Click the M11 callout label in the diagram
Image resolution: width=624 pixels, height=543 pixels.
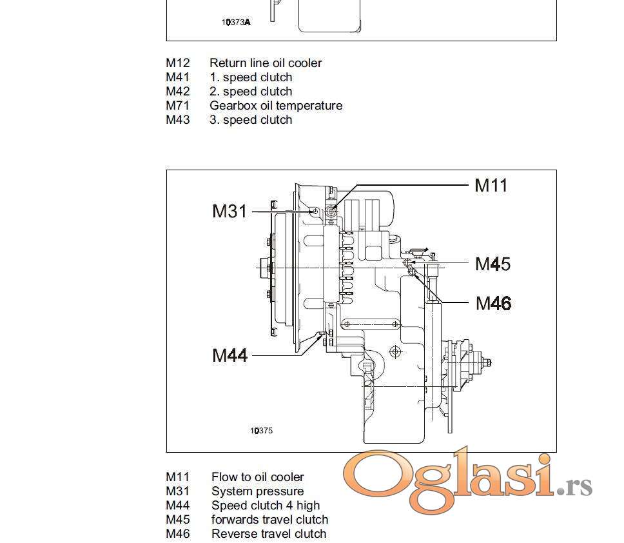coord(491,186)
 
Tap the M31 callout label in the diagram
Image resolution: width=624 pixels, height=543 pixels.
coord(229,211)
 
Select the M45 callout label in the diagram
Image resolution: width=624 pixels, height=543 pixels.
coord(492,264)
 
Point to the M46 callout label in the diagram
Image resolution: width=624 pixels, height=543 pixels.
coord(494,303)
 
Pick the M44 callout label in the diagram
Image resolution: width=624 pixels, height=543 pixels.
coord(230,355)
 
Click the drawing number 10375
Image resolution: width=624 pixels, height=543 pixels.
coord(262,430)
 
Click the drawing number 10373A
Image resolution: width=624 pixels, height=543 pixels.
coord(237,23)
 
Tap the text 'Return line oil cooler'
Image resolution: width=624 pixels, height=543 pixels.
coord(266,63)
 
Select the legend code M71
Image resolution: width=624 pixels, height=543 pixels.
coord(177,106)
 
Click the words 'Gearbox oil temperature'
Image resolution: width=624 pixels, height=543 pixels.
coord(276,106)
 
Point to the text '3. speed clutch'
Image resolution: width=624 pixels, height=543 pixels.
coord(251,120)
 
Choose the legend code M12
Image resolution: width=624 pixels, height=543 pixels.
coord(178,63)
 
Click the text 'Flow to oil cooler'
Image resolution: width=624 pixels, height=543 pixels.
coord(257,477)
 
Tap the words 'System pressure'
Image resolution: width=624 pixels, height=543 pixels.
coord(257,491)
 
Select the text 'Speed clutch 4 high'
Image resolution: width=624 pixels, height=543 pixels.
coord(266,505)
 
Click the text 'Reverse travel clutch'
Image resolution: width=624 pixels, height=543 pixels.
coord(269,533)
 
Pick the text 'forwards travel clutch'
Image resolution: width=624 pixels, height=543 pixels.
coord(270,520)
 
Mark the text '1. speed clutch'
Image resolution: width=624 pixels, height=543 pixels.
coord(251,77)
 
